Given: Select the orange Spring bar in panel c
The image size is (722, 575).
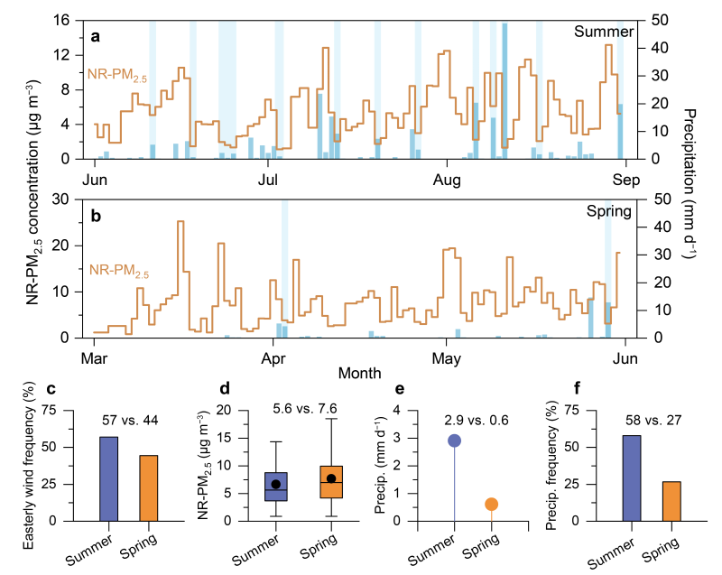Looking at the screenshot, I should [x=148, y=487].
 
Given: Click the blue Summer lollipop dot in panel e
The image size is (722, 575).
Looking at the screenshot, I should [x=455, y=441].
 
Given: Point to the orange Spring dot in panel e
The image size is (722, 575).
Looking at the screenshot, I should [x=492, y=504].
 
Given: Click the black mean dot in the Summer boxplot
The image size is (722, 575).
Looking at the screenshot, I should [x=276, y=485].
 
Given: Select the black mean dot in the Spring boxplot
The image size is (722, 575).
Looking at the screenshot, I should [x=331, y=478].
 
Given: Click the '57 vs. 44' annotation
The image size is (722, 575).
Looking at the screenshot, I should [x=129, y=418].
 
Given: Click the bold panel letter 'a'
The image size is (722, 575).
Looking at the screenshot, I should [x=95, y=36].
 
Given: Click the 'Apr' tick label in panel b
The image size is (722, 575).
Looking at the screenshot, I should [x=273, y=356].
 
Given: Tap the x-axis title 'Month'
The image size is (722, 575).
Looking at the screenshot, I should [x=359, y=372].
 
